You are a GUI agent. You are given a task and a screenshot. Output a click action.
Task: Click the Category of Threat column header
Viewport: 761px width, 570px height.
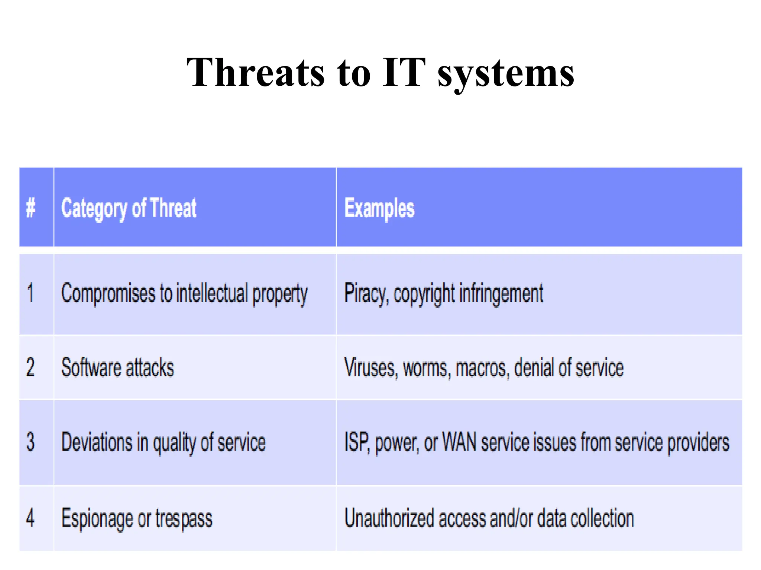point(129,208)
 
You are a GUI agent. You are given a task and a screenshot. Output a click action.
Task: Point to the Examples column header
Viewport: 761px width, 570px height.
point(379,208)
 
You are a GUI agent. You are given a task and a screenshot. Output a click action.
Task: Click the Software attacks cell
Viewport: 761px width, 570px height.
point(117,367)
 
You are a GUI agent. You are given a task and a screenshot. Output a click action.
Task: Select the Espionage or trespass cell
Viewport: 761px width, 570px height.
point(137,518)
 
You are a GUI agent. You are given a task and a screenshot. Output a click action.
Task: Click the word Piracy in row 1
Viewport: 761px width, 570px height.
point(366,293)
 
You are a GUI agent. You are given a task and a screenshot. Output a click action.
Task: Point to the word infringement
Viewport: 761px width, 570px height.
point(501,293)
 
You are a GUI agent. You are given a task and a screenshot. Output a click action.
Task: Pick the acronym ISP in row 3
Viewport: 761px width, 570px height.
point(357,442)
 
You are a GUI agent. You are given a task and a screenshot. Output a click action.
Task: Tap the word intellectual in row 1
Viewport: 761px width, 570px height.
point(211,293)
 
